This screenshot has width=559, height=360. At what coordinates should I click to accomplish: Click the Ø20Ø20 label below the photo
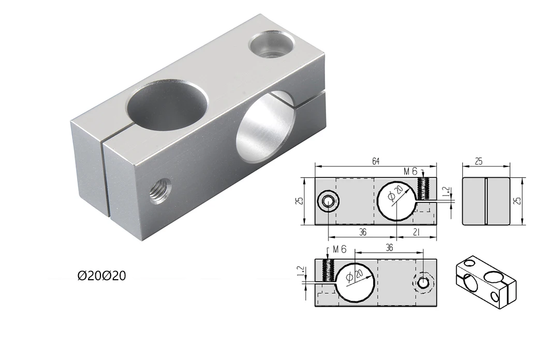coord(101,276)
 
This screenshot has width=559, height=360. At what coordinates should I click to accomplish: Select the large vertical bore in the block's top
coord(167,105)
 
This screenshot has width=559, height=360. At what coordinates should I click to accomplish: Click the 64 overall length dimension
coord(375,162)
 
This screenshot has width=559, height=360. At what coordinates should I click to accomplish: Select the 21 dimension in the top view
coord(417,233)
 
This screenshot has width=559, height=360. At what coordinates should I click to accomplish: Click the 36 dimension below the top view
coord(362,233)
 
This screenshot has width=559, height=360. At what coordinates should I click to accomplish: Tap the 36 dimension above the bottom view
coord(389,248)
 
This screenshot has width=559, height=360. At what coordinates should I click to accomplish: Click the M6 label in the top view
coord(410,171)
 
